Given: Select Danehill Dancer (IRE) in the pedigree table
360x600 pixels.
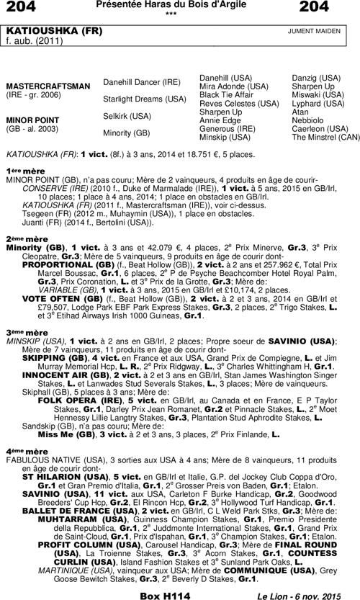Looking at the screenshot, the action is [142, 82].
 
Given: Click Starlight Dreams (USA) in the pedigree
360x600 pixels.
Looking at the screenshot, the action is [145, 99].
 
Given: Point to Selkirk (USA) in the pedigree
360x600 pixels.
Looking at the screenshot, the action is [127, 115].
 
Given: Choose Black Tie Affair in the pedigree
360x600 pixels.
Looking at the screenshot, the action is [225, 95].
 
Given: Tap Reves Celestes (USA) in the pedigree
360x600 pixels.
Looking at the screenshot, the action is [238, 103].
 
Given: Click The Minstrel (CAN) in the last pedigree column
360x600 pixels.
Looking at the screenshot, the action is [325, 137].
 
